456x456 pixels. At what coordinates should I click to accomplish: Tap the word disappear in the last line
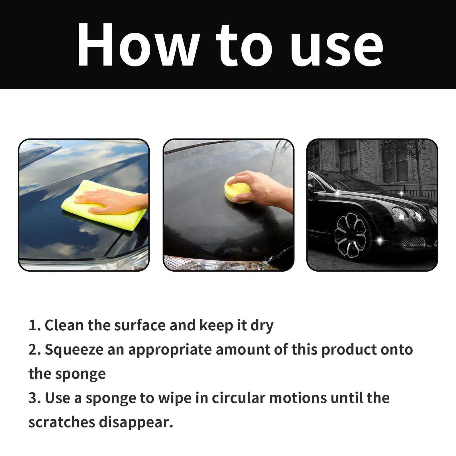click(136, 423)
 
